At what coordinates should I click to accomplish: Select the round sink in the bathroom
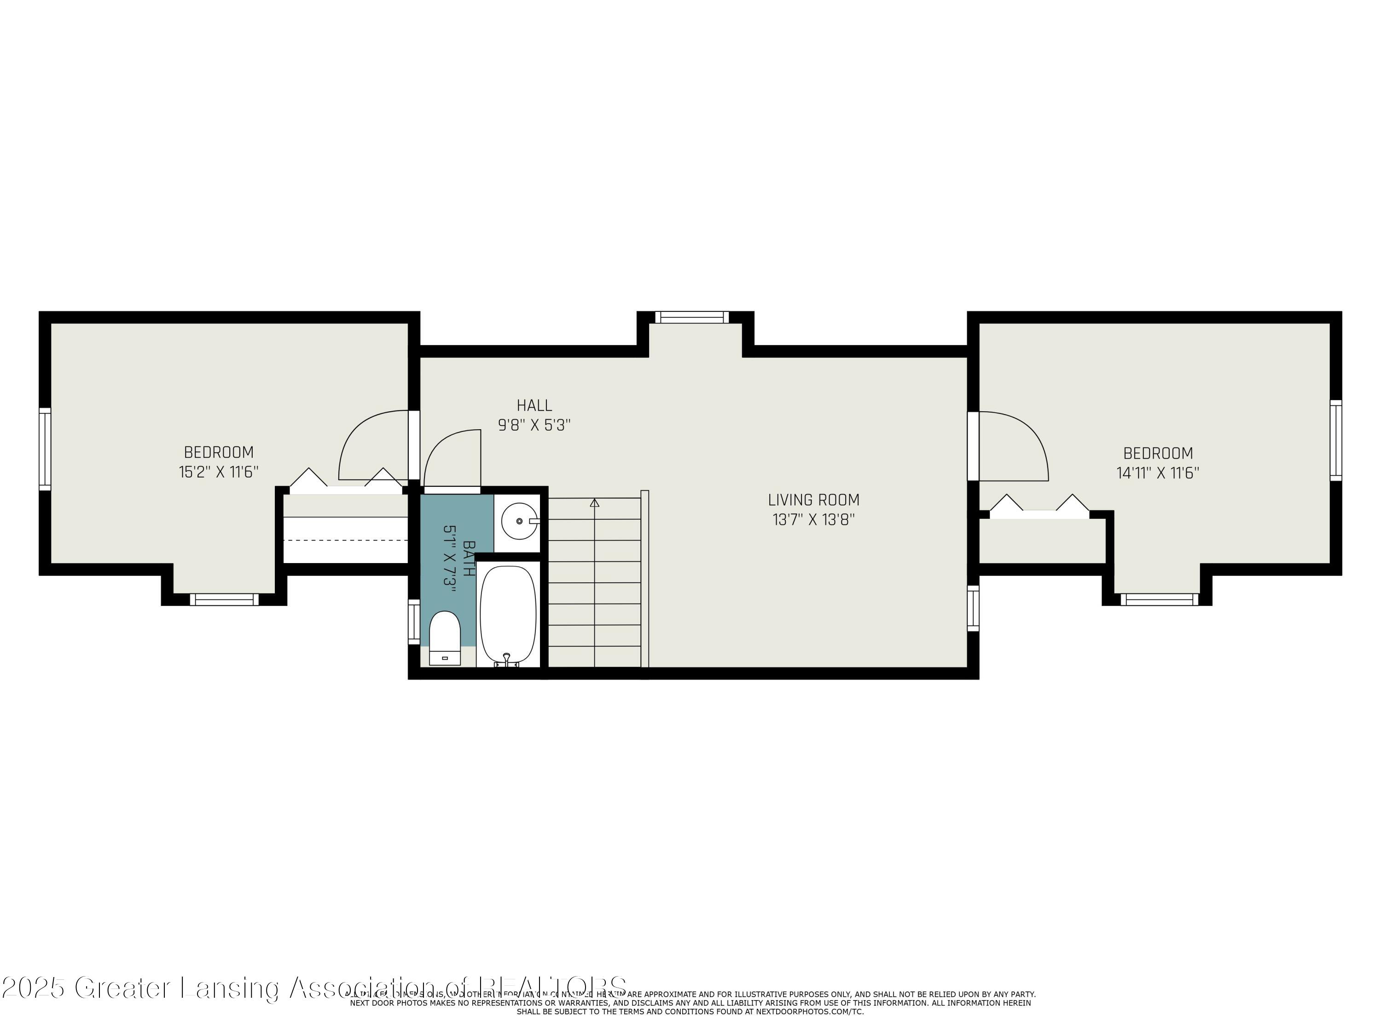[519, 521]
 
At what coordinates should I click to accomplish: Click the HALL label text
[534, 406]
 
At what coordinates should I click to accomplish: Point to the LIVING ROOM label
[813, 500]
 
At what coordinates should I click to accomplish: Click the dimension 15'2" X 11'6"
[219, 471]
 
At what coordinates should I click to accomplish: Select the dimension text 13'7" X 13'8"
[813, 520]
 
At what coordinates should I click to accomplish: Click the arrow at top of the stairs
[594, 502]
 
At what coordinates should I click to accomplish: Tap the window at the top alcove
[692, 317]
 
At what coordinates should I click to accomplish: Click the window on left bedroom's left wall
[44, 448]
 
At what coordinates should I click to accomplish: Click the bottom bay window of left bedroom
[224, 599]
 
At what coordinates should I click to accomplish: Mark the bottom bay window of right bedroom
[1160, 599]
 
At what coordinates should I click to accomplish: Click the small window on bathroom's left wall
[413, 621]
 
